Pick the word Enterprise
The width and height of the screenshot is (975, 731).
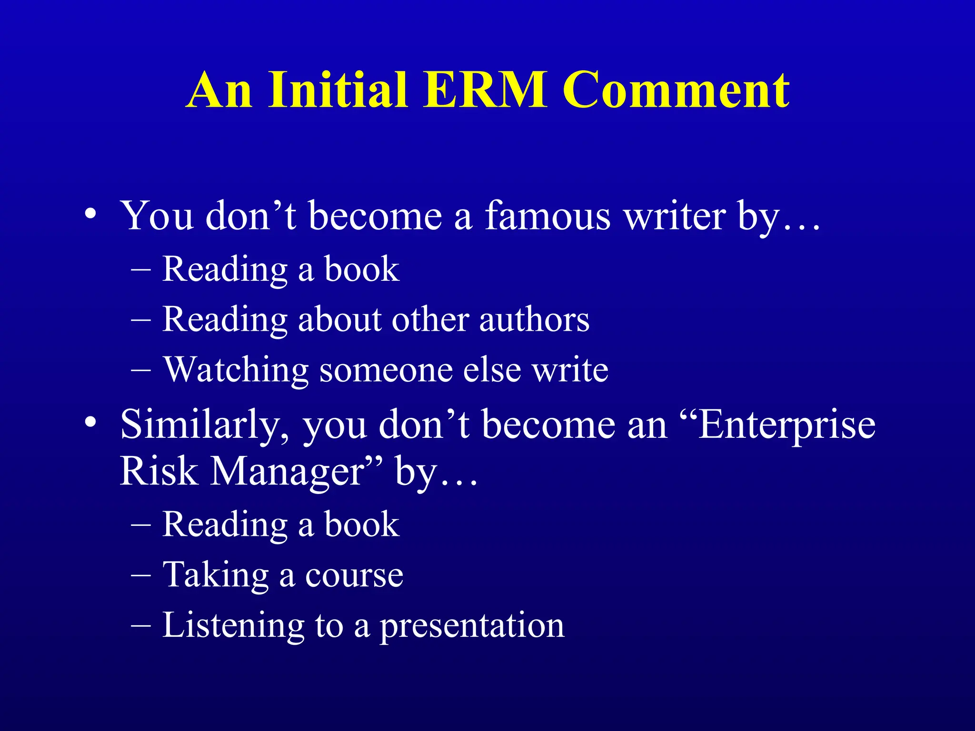[786, 425]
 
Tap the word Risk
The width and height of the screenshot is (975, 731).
[159, 471]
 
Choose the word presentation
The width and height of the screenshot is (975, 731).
[471, 626]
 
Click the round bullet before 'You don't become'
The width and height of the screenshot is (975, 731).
[90, 214]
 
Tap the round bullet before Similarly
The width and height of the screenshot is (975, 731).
[90, 422]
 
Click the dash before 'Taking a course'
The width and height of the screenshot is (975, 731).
[140, 575]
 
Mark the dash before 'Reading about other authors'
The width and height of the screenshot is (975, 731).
[140, 320]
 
